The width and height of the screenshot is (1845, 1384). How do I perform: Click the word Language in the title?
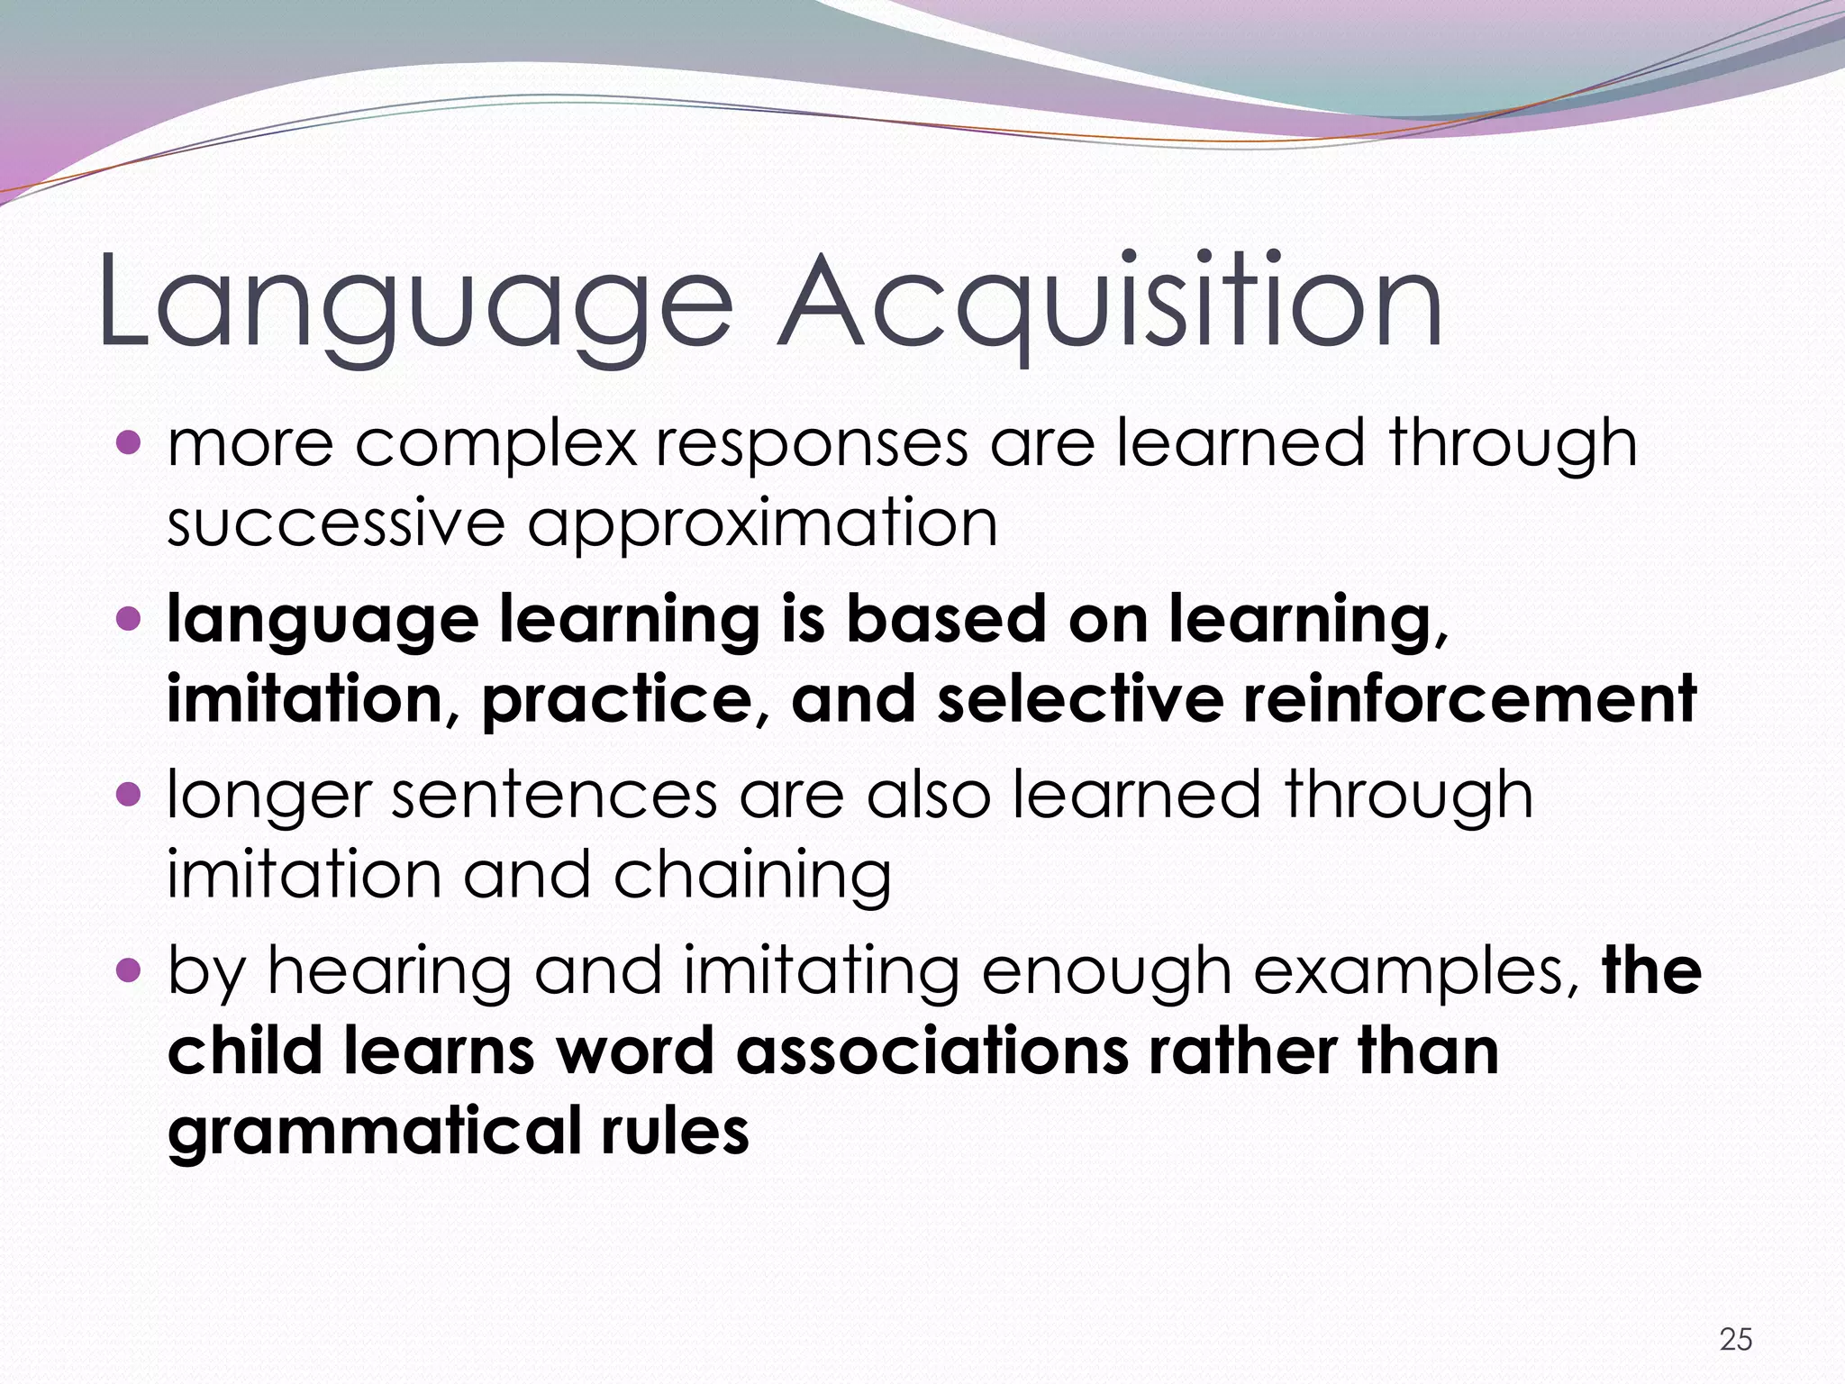pos(414,302)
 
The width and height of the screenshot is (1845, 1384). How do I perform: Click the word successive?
pos(335,523)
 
